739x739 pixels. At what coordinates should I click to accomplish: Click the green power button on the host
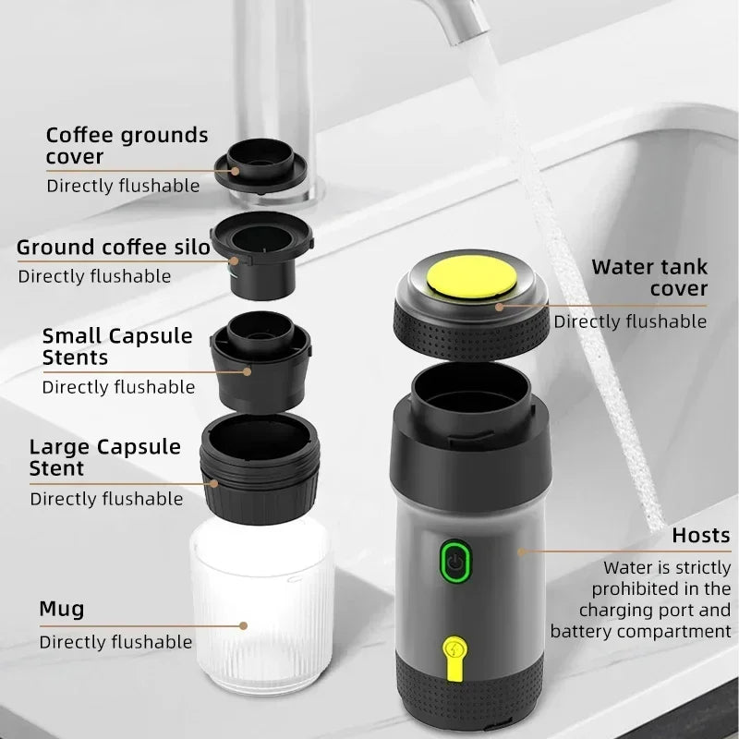[x=453, y=561]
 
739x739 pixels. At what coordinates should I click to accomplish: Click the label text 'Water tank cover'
[x=649, y=277]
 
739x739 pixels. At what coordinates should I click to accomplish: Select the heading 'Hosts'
[x=700, y=535]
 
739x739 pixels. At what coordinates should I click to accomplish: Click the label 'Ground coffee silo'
[x=106, y=247]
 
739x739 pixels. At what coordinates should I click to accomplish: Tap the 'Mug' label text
[x=61, y=609]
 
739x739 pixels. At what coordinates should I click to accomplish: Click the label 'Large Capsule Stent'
[x=105, y=457]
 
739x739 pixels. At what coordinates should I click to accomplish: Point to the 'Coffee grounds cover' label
[x=127, y=145]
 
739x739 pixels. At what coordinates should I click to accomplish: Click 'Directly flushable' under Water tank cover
[x=630, y=321]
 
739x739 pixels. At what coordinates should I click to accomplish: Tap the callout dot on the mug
[x=244, y=625]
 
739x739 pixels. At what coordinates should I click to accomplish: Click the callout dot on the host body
[x=521, y=551]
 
